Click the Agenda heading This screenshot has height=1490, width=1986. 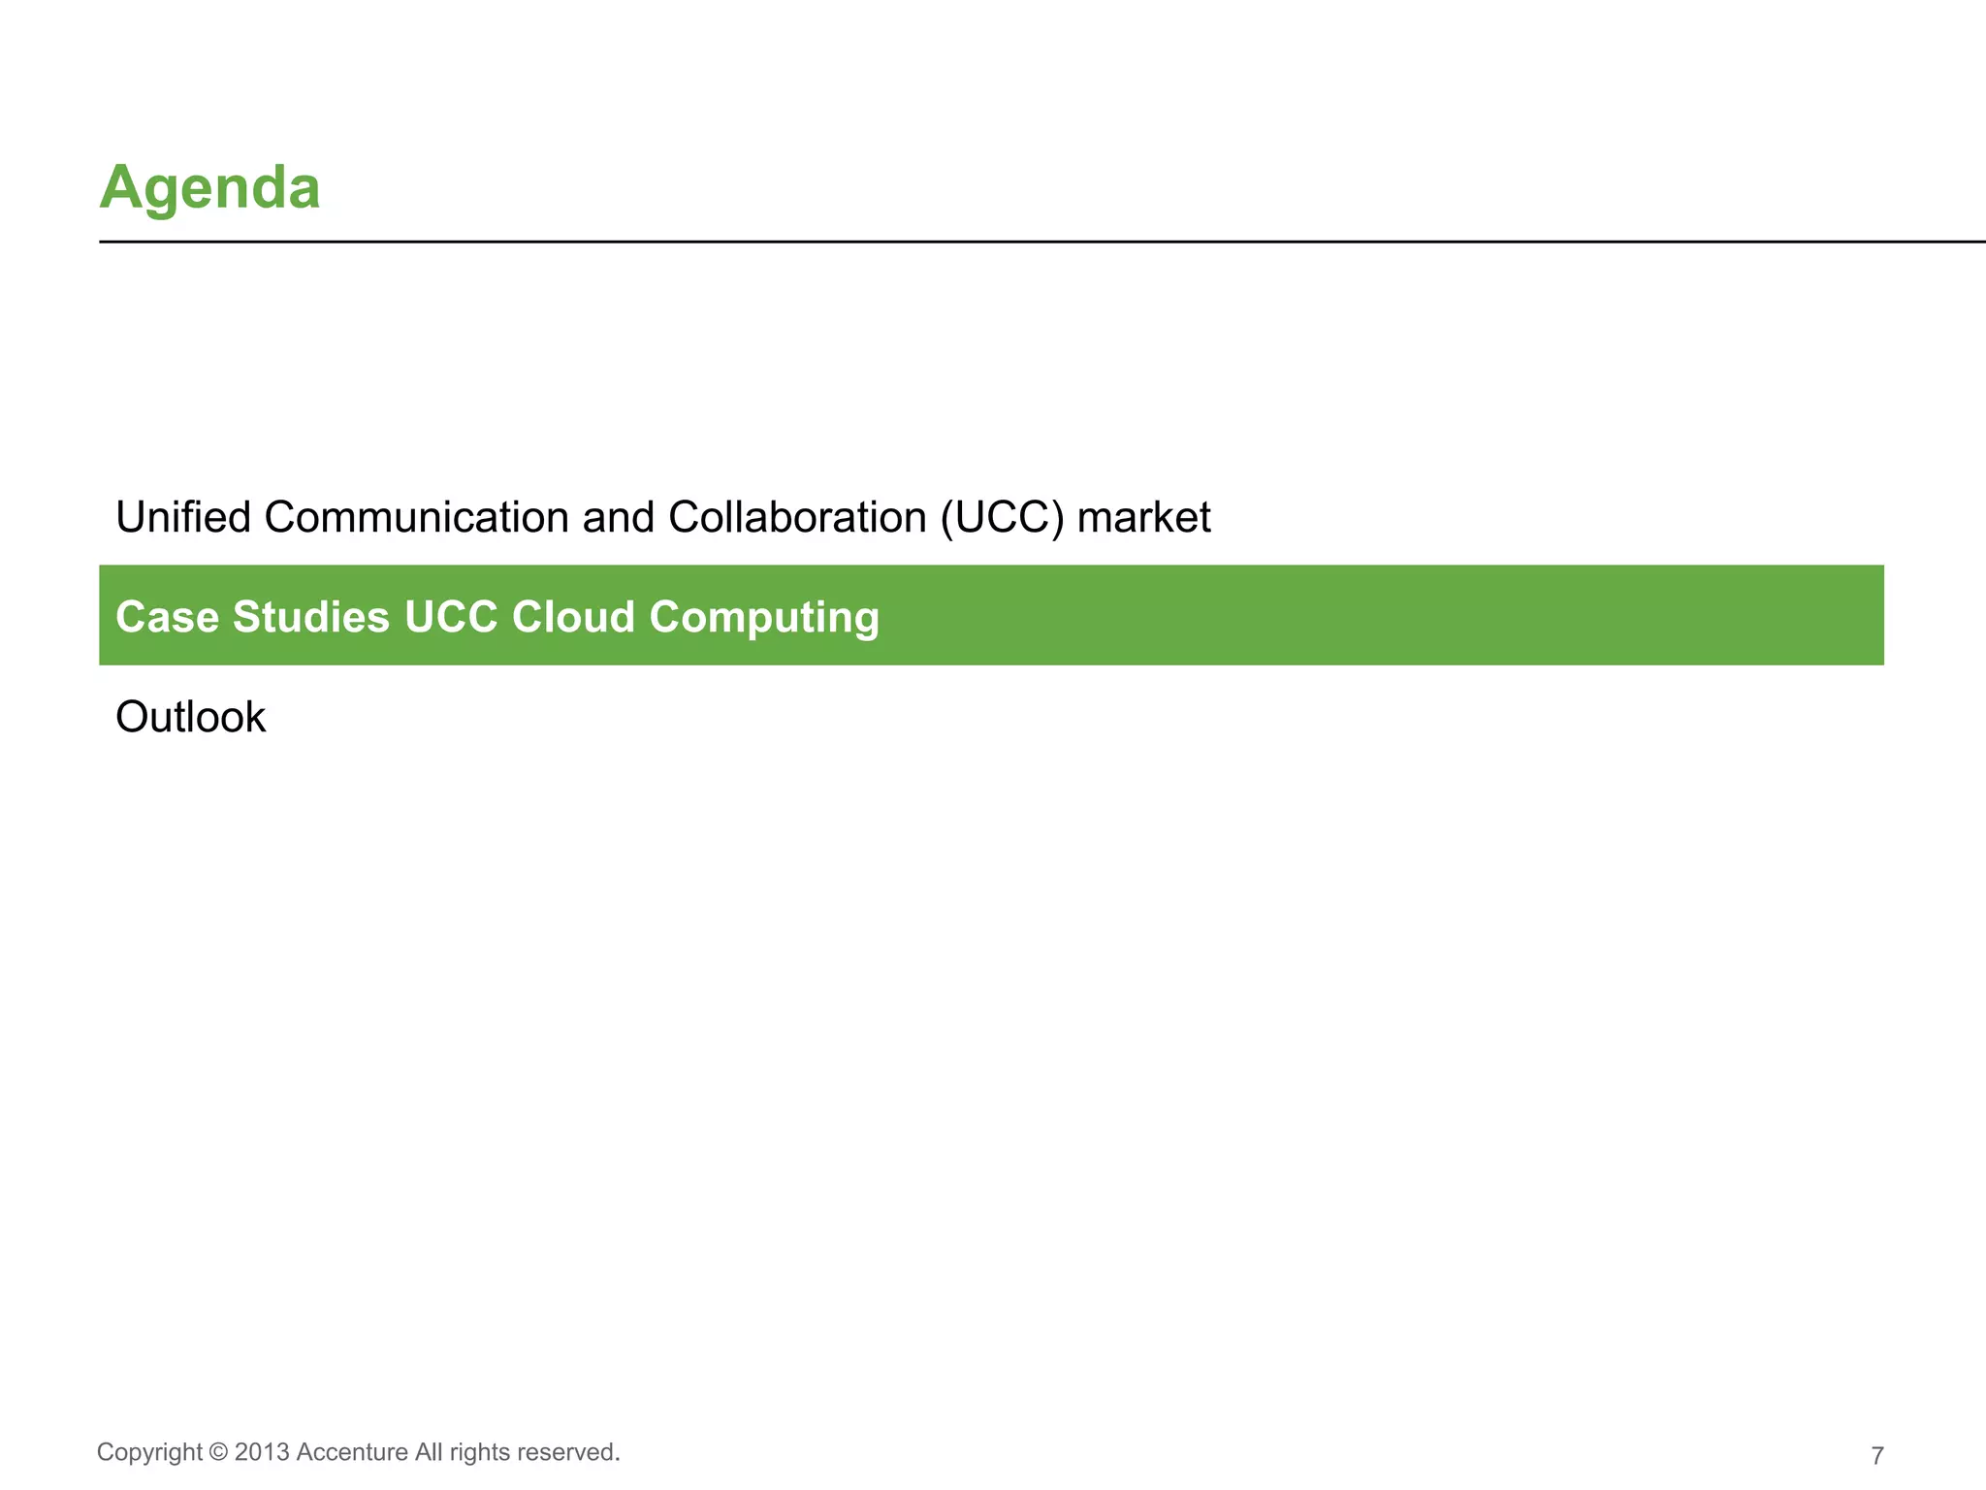[x=209, y=186]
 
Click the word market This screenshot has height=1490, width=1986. [x=1143, y=517]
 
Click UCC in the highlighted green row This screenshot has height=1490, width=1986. [x=451, y=617]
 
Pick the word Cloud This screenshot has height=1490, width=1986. [x=573, y=617]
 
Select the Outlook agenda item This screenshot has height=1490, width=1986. [x=190, y=718]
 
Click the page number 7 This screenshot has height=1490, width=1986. [x=1877, y=1456]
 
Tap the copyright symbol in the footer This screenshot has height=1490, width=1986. [x=218, y=1452]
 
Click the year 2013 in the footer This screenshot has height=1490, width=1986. [x=262, y=1452]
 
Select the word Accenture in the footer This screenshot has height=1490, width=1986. [x=352, y=1452]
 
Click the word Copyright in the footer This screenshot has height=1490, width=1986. [x=149, y=1452]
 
